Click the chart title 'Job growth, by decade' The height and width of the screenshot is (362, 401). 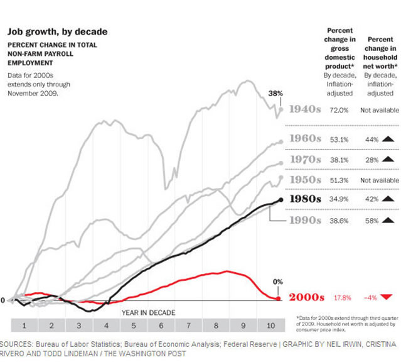(x=57, y=32)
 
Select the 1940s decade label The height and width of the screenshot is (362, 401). (x=306, y=109)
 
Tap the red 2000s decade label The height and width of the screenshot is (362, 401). (x=306, y=298)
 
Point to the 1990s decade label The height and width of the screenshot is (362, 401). (x=306, y=221)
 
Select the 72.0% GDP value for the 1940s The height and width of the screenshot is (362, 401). (x=339, y=109)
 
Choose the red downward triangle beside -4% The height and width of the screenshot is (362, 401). (x=387, y=298)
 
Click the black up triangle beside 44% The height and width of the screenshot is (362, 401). (x=387, y=138)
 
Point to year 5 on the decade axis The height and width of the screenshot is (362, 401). (x=134, y=326)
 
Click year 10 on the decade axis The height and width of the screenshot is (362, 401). (x=269, y=326)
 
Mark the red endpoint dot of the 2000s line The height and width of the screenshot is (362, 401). (x=279, y=298)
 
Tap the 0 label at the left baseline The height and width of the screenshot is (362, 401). (x=3, y=300)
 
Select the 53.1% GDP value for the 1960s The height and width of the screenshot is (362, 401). (x=339, y=138)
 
